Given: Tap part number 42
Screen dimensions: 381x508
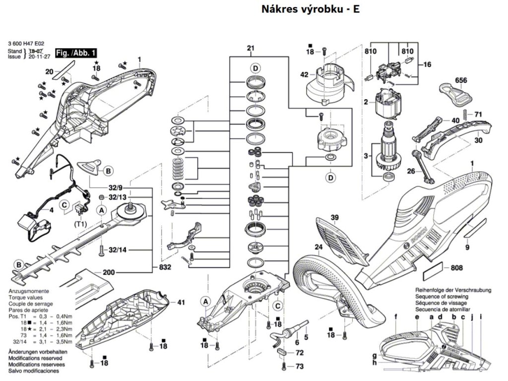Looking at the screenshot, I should click(304, 75).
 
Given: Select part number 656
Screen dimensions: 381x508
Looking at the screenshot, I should click(461, 80).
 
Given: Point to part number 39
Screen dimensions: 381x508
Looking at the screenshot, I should click(335, 218).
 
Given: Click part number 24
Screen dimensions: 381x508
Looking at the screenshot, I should click(317, 247).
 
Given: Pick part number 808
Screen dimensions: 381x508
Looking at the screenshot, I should click(457, 268).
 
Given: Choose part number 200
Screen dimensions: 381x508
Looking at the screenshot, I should click(109, 272).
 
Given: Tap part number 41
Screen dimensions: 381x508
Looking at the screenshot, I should click(181, 302).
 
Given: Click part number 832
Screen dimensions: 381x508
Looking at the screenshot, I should click(165, 267).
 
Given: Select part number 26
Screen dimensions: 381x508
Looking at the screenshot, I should click(410, 172).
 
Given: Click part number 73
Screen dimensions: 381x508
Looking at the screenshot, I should click(299, 366).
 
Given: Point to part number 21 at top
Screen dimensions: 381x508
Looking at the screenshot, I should click(251, 48).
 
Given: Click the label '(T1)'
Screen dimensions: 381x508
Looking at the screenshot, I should click(81, 224).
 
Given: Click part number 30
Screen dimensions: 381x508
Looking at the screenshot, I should click(478, 140).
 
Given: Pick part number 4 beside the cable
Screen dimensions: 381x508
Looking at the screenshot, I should click(52, 210).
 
